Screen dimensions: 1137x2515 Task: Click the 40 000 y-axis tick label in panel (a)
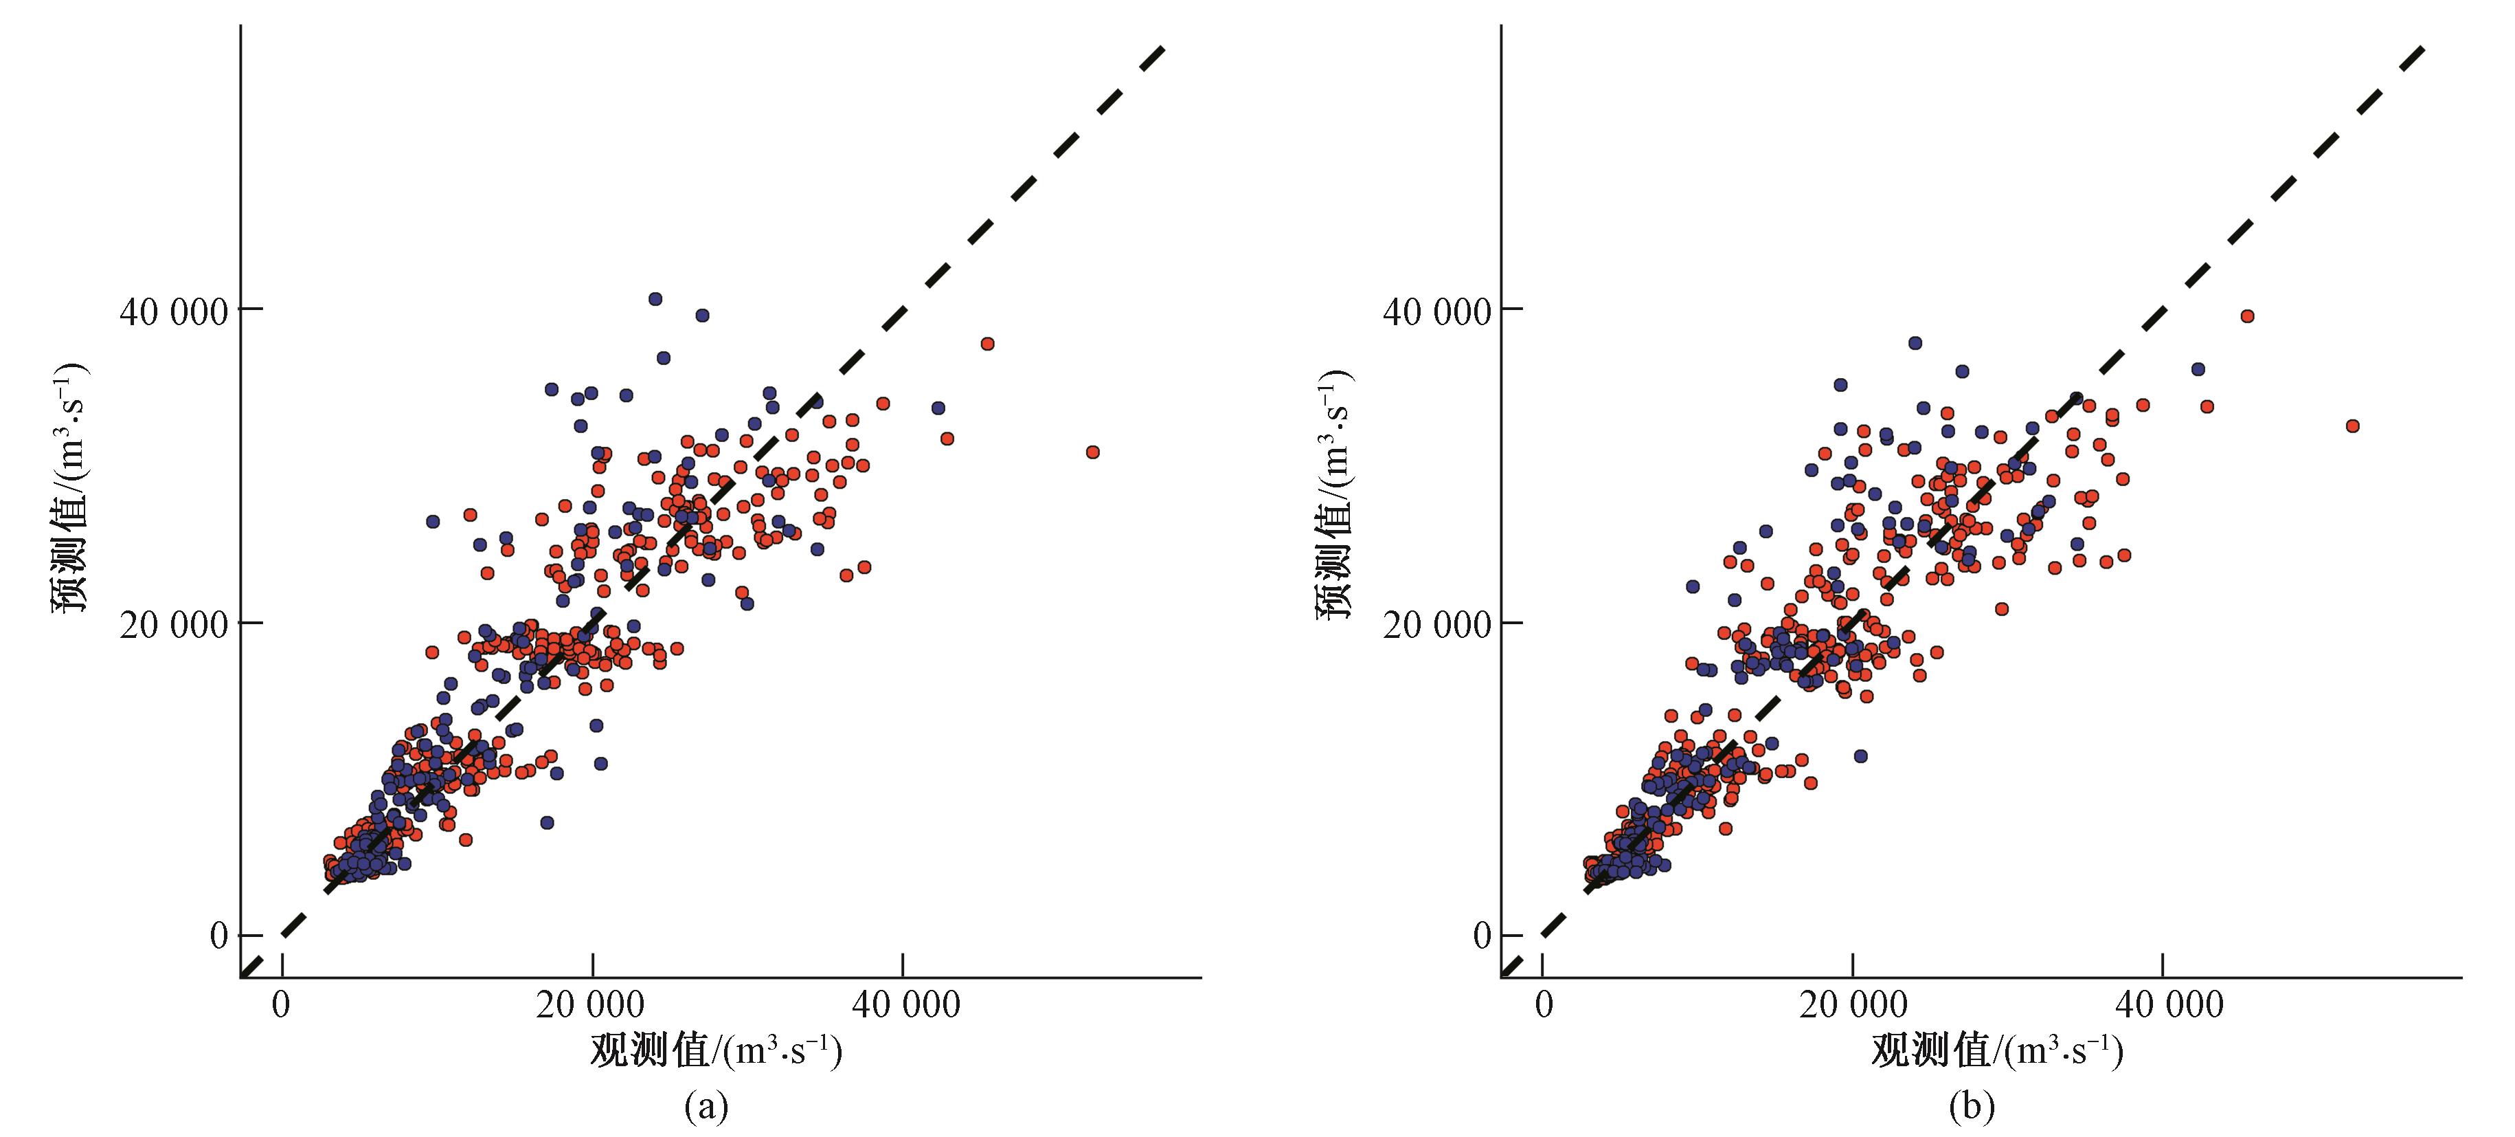(x=173, y=311)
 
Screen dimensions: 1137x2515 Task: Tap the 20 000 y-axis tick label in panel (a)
(x=173, y=624)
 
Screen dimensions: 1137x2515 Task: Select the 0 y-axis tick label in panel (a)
(x=218, y=936)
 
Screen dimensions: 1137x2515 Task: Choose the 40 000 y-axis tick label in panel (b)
(x=1436, y=311)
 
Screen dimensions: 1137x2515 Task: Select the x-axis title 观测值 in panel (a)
(x=716, y=1051)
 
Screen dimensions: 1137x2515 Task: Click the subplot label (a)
(x=706, y=1106)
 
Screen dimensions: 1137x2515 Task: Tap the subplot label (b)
(x=1971, y=1106)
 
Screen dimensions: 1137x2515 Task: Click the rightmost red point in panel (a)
(x=1092, y=452)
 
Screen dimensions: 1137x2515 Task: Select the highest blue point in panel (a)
(x=655, y=299)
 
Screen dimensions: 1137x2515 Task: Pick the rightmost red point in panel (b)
(x=2353, y=426)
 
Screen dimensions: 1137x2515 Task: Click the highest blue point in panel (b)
(x=1915, y=343)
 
